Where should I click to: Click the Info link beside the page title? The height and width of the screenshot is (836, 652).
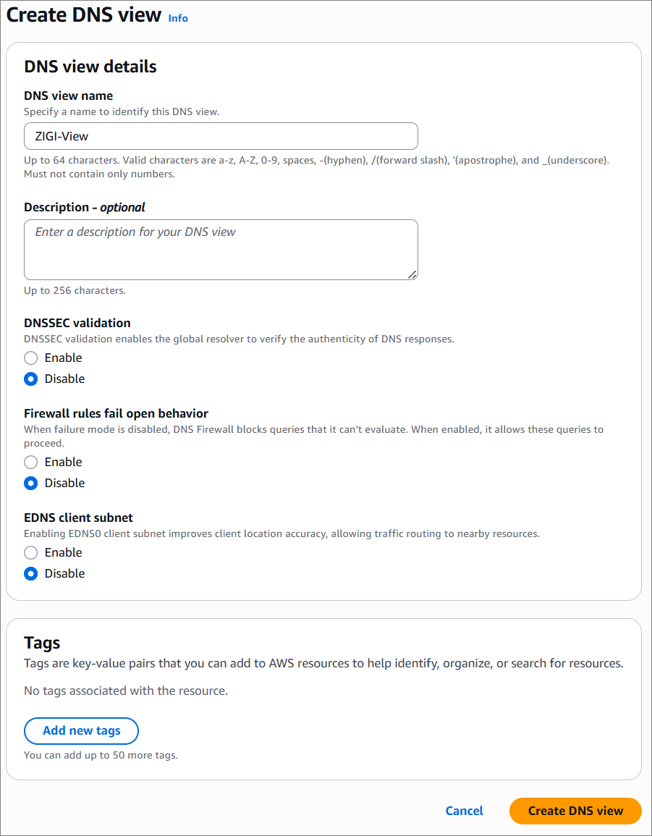tap(178, 18)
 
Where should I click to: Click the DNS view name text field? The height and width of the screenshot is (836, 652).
tap(221, 136)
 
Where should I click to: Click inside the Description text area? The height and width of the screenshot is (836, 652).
tap(221, 249)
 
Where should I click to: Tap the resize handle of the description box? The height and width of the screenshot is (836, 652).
tap(412, 274)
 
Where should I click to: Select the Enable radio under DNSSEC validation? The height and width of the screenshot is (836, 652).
tap(31, 358)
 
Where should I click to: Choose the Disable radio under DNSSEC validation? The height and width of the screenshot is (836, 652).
tap(31, 379)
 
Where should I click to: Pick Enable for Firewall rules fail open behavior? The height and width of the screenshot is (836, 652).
tap(31, 462)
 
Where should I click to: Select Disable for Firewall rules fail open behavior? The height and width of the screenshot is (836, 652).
tap(31, 483)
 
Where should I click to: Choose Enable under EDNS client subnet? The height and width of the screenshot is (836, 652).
tap(31, 552)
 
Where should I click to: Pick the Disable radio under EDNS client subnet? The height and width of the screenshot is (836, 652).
tap(31, 573)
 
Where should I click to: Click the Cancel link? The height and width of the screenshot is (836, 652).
tap(465, 811)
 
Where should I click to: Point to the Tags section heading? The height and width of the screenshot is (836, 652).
tap(42, 643)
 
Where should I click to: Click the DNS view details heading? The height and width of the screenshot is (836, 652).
tap(90, 67)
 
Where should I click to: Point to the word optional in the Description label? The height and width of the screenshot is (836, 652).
tap(122, 207)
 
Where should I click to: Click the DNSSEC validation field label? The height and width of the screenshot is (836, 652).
tap(77, 323)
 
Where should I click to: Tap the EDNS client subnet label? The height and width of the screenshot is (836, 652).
tap(78, 518)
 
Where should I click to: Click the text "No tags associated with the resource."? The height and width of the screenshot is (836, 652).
tap(126, 691)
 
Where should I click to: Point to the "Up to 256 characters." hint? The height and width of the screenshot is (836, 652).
tap(75, 290)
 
